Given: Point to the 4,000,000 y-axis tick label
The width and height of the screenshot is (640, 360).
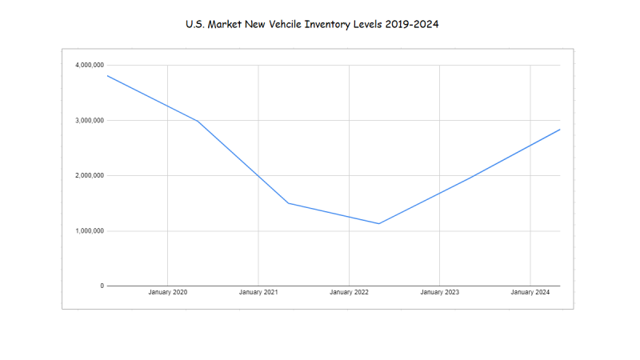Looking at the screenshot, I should coord(88,65).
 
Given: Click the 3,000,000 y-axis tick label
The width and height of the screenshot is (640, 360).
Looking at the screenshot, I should coord(88,120).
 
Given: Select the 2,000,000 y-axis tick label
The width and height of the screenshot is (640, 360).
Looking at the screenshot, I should coord(88,175).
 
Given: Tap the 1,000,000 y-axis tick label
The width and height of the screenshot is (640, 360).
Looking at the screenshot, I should coord(88,231).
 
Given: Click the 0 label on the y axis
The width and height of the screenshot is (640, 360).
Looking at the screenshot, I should coord(102,286).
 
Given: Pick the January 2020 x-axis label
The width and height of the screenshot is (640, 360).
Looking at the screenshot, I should coord(168,293).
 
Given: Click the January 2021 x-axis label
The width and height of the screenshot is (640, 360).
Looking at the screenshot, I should coord(258,293).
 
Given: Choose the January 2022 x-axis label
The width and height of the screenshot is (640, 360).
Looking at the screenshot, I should coord(350,293).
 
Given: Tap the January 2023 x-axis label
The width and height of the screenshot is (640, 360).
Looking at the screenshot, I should coord(440,293).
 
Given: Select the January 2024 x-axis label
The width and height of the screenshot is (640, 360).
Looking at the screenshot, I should coord(530,293).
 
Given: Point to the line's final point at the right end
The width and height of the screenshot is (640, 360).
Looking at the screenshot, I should coord(559,130).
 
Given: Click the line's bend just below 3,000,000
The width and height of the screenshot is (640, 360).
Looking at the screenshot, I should coord(198,121).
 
